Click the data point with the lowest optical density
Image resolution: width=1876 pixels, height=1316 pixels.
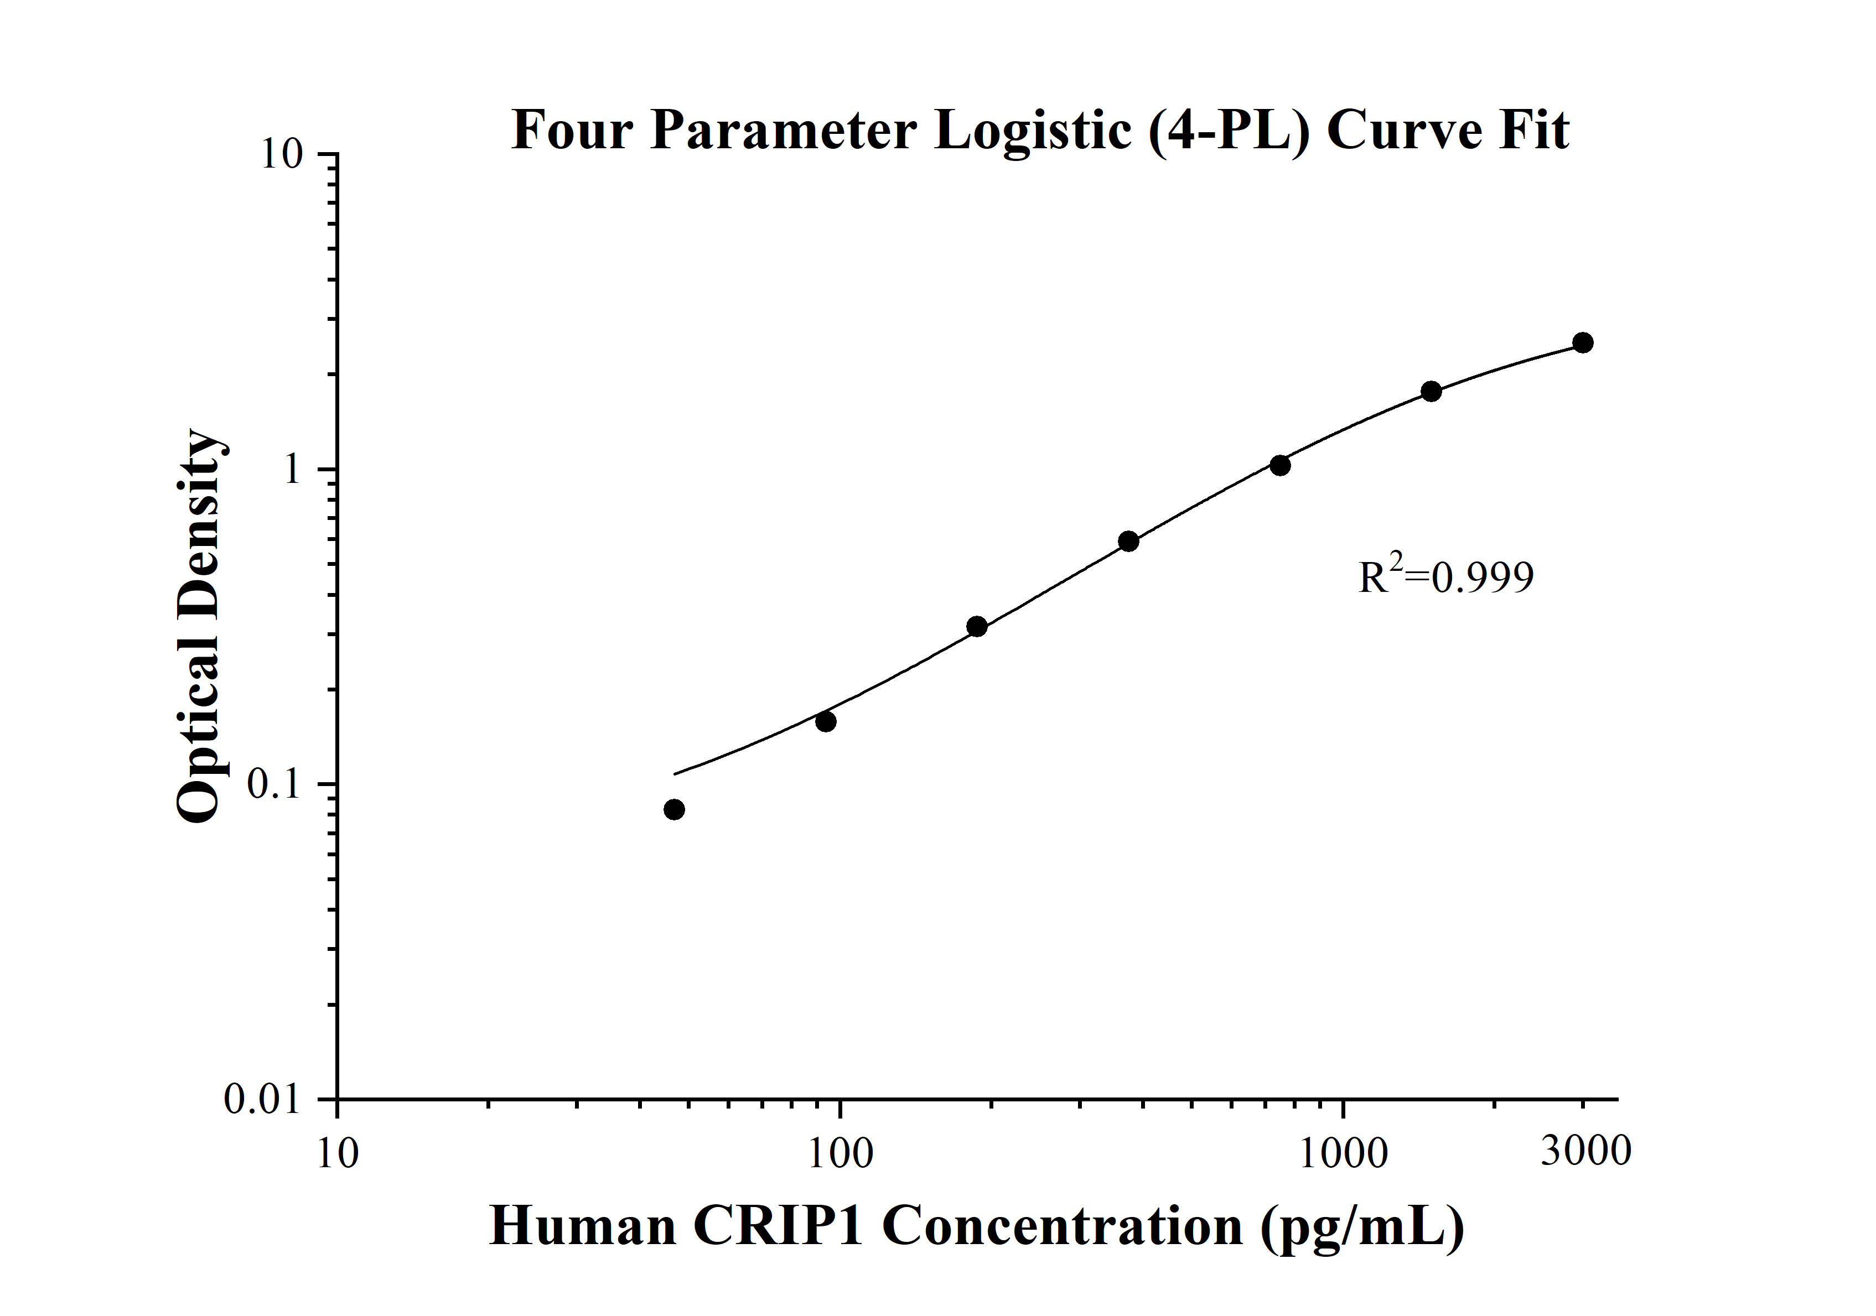[674, 809]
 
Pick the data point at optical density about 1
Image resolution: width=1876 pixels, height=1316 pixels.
[1281, 466]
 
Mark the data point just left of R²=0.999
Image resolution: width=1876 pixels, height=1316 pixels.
[1128, 542]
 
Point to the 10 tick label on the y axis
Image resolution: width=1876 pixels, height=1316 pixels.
[281, 154]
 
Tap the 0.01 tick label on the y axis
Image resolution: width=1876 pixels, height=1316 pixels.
[263, 1100]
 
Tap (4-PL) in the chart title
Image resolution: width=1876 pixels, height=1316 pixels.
[1228, 131]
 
